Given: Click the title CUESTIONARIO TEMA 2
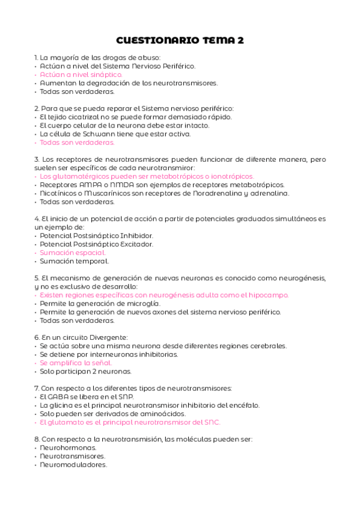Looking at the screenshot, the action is pyautogui.click(x=180, y=41).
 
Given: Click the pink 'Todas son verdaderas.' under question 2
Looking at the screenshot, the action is pyautogui.click(x=77, y=143).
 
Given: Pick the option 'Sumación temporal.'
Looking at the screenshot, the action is pyautogui.click(x=74, y=261).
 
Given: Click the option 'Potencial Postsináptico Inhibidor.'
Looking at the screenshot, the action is pyautogui.click(x=96, y=236).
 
